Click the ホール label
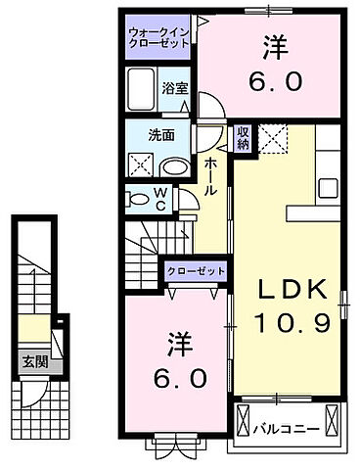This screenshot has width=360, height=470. tap(210, 175)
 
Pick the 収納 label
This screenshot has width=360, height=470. tap(242, 139)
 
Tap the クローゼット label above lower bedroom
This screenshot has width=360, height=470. tap(197, 270)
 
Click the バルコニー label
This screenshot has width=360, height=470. tap(284, 427)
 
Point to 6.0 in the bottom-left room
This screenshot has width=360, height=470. tap(180, 376)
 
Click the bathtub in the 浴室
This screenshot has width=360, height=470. tap(143, 91)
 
